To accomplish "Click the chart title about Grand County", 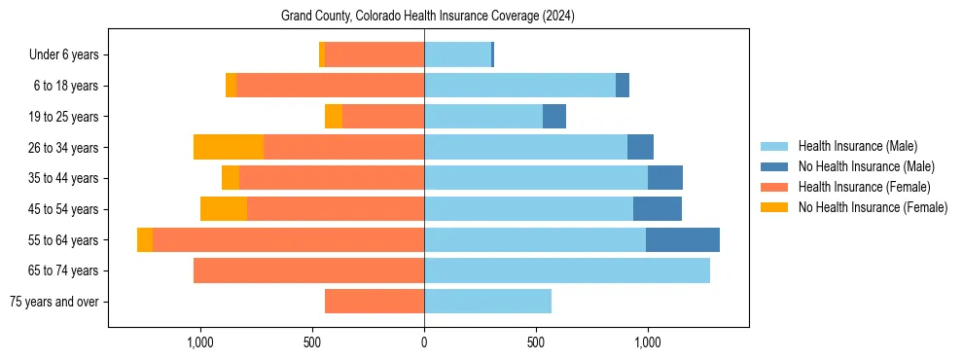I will [428, 17].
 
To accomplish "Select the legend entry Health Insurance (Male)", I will [857, 146].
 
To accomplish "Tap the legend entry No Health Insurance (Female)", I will [873, 207].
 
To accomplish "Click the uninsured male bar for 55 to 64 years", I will [683, 240].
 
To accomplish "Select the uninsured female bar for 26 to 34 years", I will [229, 148].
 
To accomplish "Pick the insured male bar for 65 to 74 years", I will [567, 270].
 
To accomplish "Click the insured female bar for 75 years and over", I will [374, 302].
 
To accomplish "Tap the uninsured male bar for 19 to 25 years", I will [554, 117].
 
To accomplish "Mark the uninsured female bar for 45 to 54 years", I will [224, 209].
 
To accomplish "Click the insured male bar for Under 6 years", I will [457, 55].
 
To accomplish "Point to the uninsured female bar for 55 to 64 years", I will [145, 240].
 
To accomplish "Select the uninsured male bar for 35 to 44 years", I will [665, 178].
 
